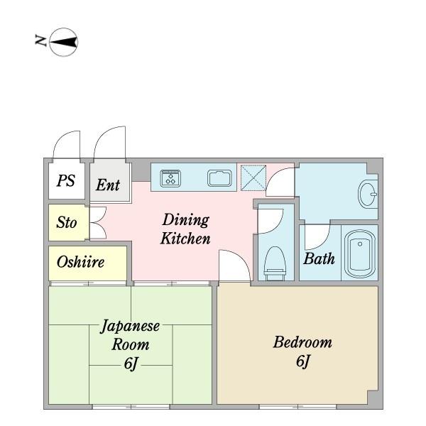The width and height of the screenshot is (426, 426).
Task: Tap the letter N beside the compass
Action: pyautogui.click(x=40, y=41)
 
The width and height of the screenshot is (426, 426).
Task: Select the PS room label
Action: pyautogui.click(x=66, y=182)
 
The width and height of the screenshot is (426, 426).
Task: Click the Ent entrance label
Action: pyautogui.click(x=108, y=185)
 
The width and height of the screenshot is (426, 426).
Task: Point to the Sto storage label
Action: pyautogui.click(x=66, y=223)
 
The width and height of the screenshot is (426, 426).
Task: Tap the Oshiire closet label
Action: pyautogui.click(x=80, y=262)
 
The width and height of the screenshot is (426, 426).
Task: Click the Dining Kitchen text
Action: pyautogui.click(x=185, y=229)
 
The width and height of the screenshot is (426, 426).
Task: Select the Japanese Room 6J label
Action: pyautogui.click(x=130, y=344)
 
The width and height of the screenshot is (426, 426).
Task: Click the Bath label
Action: pyautogui.click(x=319, y=258)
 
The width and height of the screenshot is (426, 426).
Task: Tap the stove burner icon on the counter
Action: pyautogui.click(x=171, y=177)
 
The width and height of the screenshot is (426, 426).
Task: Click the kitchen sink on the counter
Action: pyautogui.click(x=221, y=177)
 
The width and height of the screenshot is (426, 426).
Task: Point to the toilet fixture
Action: pyautogui.click(x=273, y=263)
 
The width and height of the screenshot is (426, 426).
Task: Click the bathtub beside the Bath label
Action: pyautogui.click(x=360, y=254)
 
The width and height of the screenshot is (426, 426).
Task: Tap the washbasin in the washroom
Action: pyautogui.click(x=368, y=194)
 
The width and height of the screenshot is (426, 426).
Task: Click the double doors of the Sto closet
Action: pyautogui.click(x=97, y=223)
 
